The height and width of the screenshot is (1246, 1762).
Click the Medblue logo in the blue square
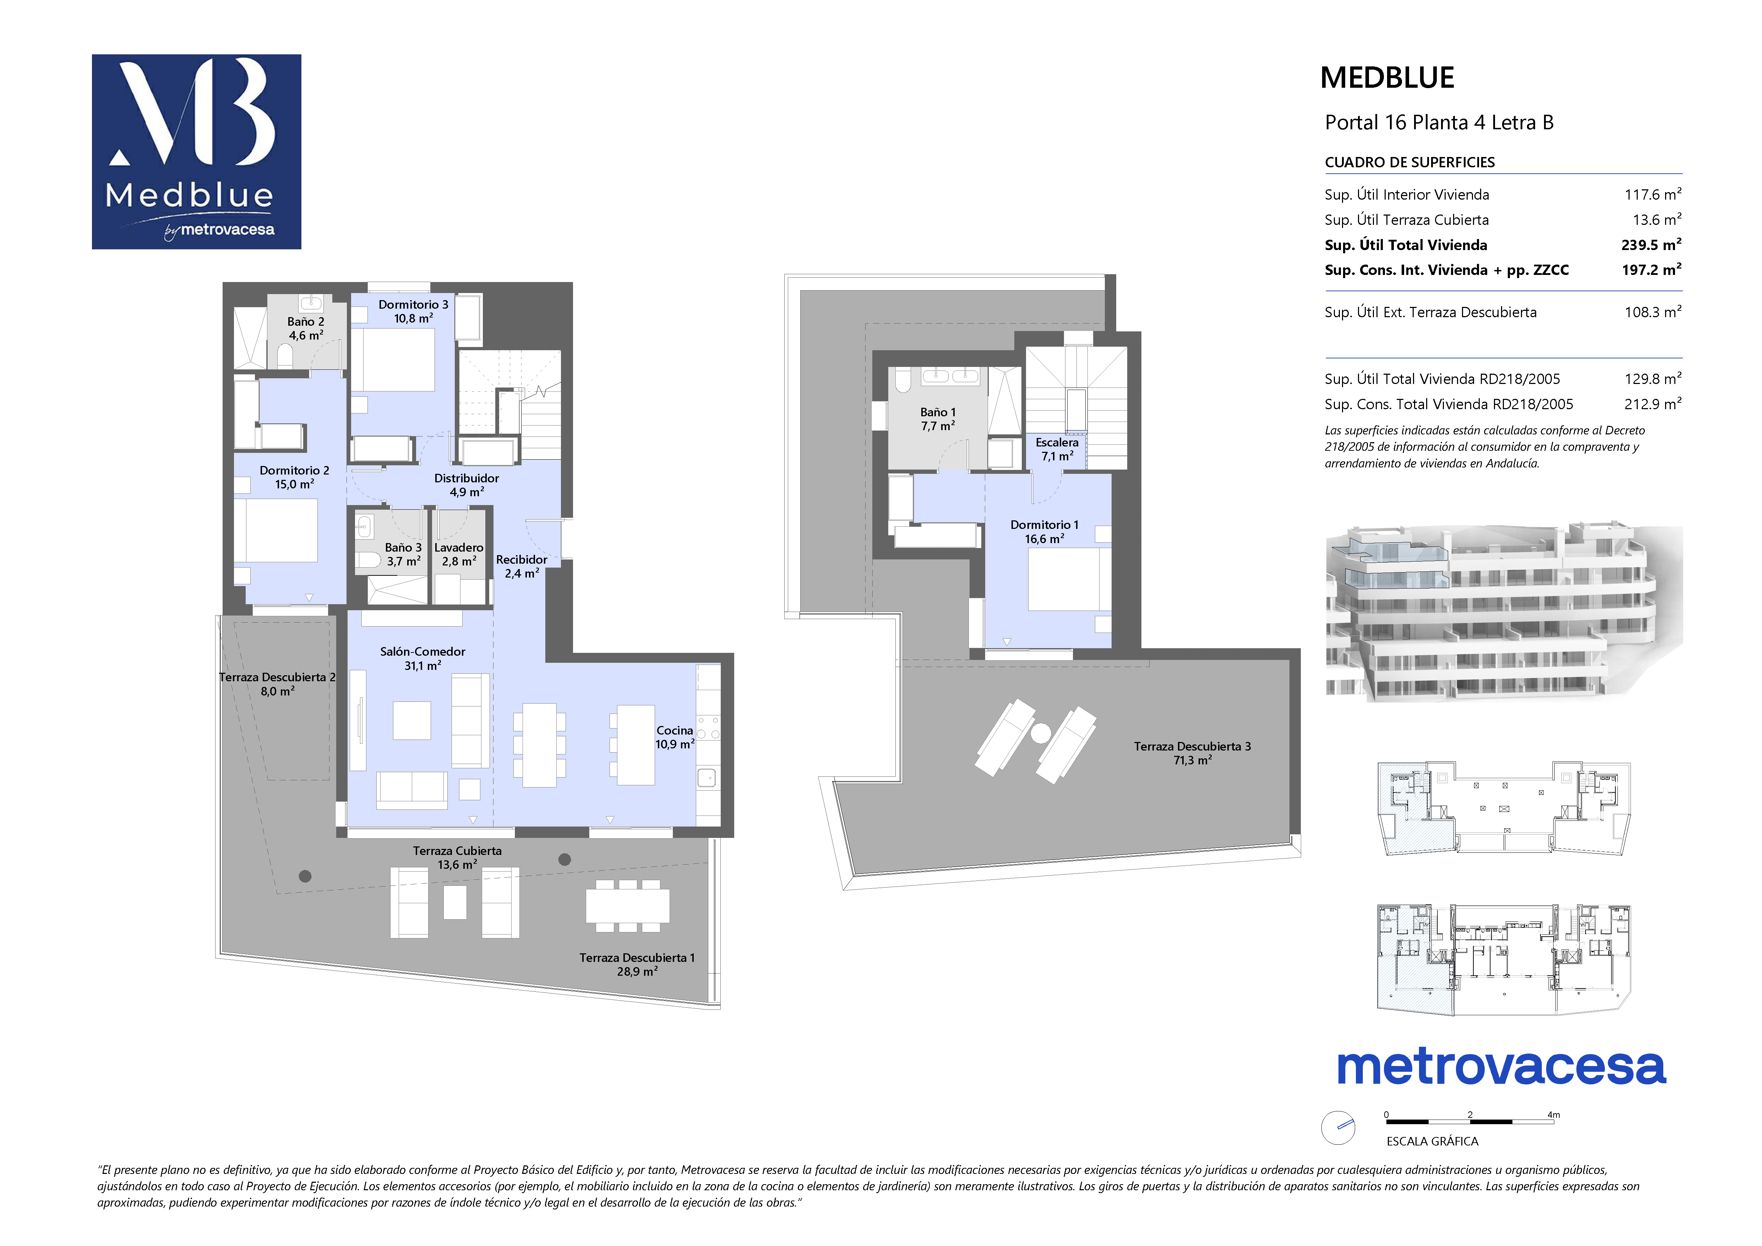click(x=196, y=151)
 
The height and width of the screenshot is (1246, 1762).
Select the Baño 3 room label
click(x=403, y=554)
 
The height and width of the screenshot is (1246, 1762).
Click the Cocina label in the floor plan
click(x=675, y=737)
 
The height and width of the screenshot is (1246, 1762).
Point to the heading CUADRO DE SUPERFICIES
click(x=1410, y=162)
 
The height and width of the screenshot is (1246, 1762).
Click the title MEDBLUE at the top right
click(x=1387, y=77)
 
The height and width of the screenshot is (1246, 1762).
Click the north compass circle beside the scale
click(x=1338, y=1128)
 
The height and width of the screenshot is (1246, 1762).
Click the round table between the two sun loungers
click(x=1041, y=733)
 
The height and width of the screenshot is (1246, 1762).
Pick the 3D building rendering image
click(x=1504, y=613)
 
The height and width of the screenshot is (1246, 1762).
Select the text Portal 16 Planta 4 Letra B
click(x=1439, y=123)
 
